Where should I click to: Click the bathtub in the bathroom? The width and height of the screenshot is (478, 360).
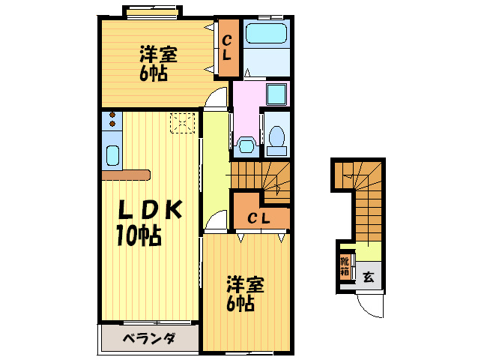click(267, 35)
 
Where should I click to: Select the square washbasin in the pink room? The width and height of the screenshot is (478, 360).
click(276, 94)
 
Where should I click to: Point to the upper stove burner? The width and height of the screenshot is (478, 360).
click(112, 115)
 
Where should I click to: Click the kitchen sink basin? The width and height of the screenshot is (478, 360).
click(112, 156)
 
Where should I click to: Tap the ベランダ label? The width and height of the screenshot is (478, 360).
click(148, 338)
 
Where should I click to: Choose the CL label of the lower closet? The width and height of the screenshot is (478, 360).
click(259, 218)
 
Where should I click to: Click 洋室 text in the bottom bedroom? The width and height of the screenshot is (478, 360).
click(245, 285)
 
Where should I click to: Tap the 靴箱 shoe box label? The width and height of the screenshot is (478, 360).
click(345, 267)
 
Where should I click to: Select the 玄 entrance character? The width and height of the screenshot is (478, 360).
click(369, 276)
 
